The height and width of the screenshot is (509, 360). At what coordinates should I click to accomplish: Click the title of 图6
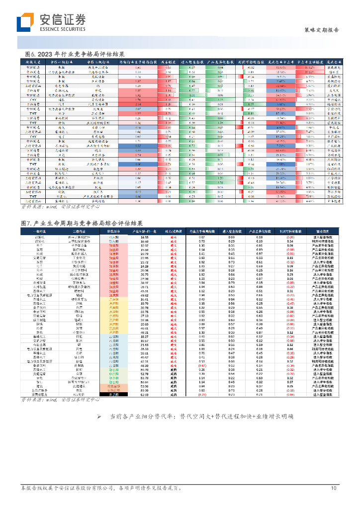click(75, 54)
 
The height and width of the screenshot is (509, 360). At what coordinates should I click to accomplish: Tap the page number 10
click(334, 488)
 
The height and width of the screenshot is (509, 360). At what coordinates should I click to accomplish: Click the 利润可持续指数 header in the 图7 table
click(289, 232)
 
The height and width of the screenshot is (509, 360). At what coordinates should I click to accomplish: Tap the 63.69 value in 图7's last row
click(145, 395)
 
